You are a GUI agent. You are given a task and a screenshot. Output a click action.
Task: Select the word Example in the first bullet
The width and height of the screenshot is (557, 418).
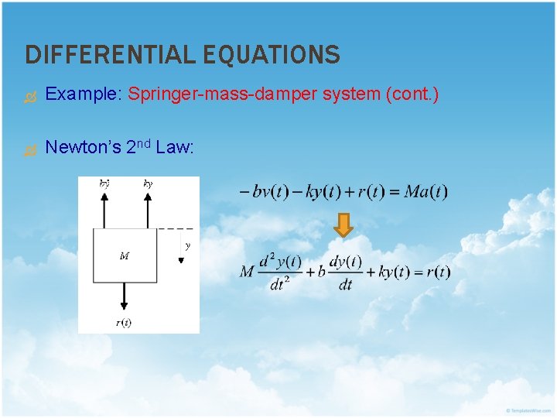tap(80, 94)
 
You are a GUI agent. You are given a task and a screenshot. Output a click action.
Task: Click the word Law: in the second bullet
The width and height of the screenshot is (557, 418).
tap(174, 147)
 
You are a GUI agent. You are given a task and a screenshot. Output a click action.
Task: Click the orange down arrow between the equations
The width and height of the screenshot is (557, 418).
tap(344, 225)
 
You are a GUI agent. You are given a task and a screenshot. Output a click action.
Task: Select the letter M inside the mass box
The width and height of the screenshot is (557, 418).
tap(124, 255)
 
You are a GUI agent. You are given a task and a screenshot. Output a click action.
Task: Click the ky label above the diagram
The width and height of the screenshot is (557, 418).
tap(148, 183)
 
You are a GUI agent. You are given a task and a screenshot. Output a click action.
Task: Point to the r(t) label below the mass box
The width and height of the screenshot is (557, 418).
tap(124, 323)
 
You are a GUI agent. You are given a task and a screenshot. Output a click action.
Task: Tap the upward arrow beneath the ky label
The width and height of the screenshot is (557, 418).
tap(148, 209)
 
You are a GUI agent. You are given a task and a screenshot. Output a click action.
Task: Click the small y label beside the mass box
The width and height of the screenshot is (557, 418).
tap(187, 246)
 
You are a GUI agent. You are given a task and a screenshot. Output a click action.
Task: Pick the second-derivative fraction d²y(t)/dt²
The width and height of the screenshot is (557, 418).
tap(280, 272)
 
